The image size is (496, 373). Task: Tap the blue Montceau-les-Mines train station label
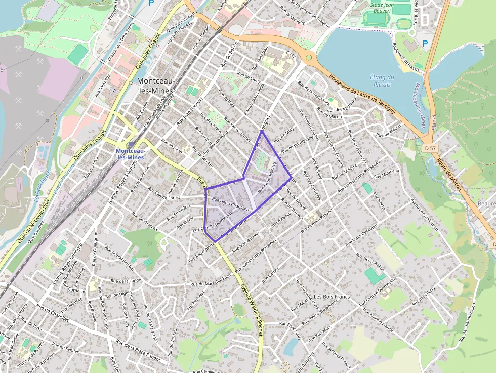[x=131, y=154]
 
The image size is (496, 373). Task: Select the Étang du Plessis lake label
[x=382, y=81]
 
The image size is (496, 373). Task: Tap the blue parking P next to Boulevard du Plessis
[x=425, y=44]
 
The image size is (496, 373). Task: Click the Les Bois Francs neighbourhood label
[x=332, y=296]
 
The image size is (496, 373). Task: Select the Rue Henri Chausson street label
[x=231, y=204]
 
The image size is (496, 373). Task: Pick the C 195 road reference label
[x=290, y=54]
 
